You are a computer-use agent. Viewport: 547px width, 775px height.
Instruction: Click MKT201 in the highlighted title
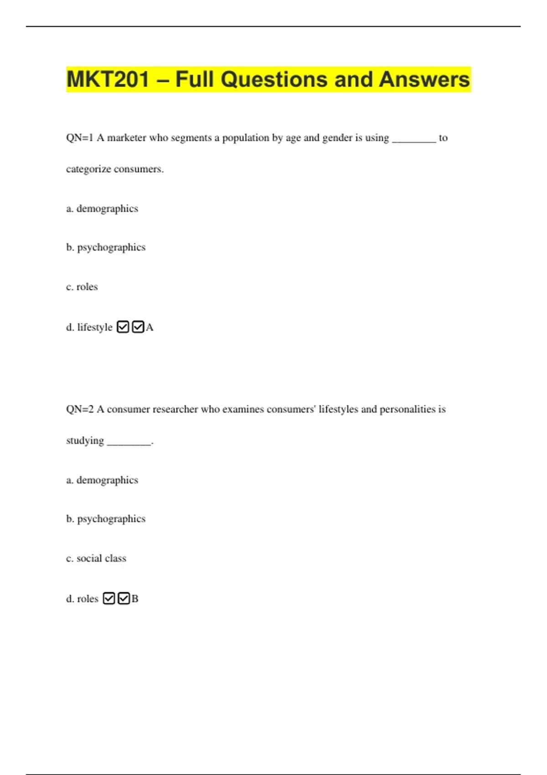108,79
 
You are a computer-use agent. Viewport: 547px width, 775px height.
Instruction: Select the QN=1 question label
80,138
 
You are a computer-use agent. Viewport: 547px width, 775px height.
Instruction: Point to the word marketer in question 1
127,138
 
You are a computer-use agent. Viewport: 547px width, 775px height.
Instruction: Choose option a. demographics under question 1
102,209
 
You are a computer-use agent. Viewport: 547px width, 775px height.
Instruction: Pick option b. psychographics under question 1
106,248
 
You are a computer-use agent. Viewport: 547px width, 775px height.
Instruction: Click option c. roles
82,287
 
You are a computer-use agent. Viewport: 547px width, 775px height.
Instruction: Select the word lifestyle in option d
95,327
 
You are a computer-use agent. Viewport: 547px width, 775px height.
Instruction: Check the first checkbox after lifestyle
123,327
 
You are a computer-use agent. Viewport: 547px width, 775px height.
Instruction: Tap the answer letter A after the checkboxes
150,327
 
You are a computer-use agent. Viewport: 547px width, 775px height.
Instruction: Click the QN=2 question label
80,409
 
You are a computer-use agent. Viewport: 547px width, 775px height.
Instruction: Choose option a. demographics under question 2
102,480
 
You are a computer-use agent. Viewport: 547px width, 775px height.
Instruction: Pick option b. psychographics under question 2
106,519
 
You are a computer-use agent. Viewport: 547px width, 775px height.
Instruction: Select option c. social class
96,558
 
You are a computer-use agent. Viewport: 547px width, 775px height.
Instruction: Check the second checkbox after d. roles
124,598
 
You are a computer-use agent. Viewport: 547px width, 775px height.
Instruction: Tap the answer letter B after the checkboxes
135,599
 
